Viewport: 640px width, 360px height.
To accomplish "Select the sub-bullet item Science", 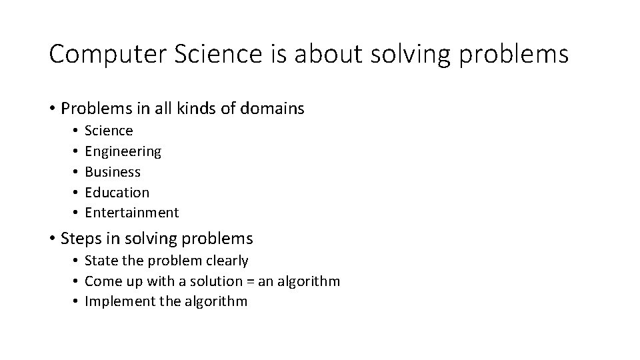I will pos(109,131).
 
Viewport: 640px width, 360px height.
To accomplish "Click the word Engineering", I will pos(123,151).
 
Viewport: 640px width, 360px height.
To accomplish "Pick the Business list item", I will pos(113,172).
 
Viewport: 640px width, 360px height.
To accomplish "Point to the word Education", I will pos(117,193).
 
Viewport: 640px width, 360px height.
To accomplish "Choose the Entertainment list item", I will pos(132,213).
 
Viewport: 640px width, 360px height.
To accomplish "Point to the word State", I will pos(101,260).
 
